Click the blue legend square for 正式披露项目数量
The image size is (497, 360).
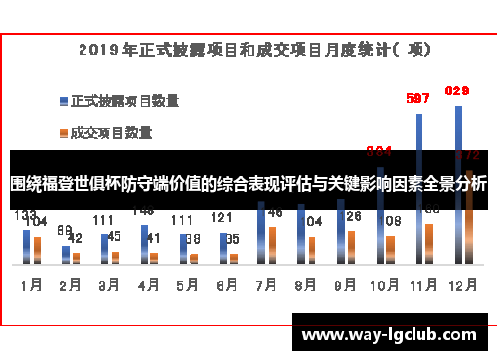click(x=63, y=100)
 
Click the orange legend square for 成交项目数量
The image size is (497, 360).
click(x=63, y=130)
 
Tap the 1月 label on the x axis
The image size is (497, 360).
click(x=31, y=284)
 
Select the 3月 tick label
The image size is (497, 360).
click(x=108, y=284)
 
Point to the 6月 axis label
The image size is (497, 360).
click(x=226, y=284)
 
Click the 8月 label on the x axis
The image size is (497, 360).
click(x=304, y=284)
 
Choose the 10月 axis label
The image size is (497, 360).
click(x=383, y=284)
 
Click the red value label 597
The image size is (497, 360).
click(x=418, y=98)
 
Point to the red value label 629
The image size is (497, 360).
click(x=457, y=90)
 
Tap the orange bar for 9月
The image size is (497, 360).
click(x=351, y=247)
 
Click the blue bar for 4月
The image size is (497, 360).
click(x=143, y=245)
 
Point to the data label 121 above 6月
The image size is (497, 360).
click(x=222, y=217)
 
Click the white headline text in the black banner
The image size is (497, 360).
click(x=248, y=183)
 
